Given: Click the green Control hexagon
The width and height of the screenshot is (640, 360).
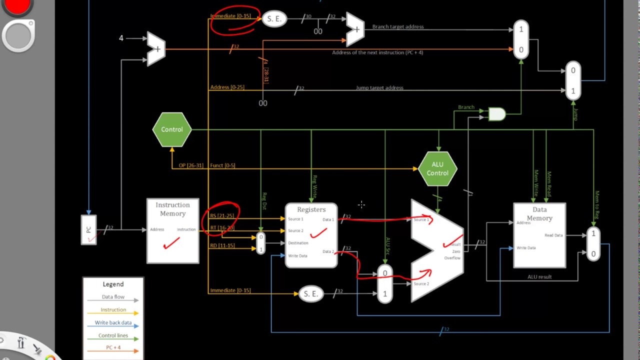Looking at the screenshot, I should (x=172, y=129).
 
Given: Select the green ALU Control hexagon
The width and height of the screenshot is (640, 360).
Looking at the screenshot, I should (x=437, y=169).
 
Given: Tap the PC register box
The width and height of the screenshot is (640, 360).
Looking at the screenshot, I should (x=88, y=230).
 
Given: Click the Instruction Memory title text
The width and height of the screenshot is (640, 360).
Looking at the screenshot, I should (x=172, y=209).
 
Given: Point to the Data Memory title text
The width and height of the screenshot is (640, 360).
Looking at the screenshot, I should (x=539, y=213).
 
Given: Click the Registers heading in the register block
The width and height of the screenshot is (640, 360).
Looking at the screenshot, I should (x=311, y=209).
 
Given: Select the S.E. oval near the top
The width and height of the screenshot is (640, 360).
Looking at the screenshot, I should (x=274, y=19).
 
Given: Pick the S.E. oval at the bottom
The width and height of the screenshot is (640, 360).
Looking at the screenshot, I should (x=310, y=294).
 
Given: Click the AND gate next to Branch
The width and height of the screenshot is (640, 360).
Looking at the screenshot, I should (x=496, y=114).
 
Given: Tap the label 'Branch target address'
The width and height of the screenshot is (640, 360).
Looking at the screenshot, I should (x=397, y=27).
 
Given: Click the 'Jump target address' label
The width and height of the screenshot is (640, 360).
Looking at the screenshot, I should (x=379, y=88).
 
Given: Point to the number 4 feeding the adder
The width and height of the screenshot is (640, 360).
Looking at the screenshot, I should (x=121, y=38).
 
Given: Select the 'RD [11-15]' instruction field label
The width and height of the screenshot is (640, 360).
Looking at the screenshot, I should (x=222, y=245).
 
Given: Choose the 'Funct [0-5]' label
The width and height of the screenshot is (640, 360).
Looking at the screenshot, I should (x=222, y=165).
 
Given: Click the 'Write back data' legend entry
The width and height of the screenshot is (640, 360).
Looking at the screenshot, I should (x=113, y=323).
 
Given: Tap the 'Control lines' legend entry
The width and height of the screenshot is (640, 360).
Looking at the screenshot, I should (x=113, y=335).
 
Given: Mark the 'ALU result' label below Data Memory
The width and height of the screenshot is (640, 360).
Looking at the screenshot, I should (x=539, y=277).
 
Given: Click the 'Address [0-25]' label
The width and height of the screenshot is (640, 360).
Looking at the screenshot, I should (x=227, y=87).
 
